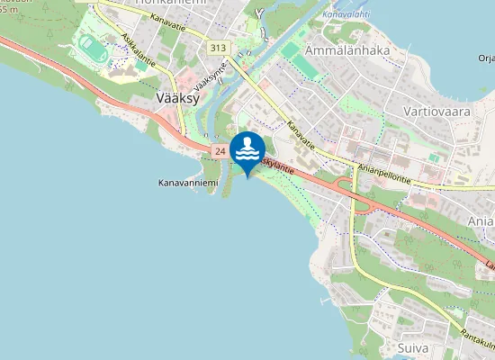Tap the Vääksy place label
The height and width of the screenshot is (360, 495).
click(177, 98)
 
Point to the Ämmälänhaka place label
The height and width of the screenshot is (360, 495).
click(346, 50)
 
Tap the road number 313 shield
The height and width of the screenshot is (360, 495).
click(218, 47)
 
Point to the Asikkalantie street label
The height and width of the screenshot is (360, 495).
click(138, 53)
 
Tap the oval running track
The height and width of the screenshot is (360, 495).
click(91, 45)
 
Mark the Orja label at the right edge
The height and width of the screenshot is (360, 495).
click(486, 59)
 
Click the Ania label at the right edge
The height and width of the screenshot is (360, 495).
click(481, 220)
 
